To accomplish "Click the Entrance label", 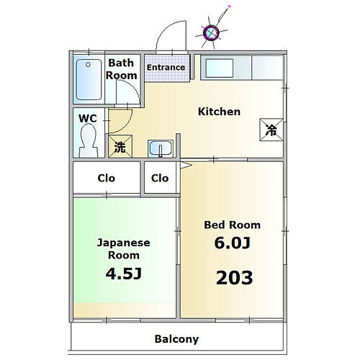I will click(166, 68).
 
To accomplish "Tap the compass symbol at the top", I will click(211, 31).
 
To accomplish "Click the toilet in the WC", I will click(90, 140).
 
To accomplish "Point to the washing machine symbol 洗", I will click(120, 147).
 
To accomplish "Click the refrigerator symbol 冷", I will click(271, 130).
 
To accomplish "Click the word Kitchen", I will click(219, 112).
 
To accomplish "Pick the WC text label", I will click(88, 118).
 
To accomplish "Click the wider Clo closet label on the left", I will click(107, 178).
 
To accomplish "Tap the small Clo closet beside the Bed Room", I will click(160, 178).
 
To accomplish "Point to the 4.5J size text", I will click(123, 274).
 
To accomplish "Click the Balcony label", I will click(177, 338).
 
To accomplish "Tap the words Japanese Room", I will click(124, 248).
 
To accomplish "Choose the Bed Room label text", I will click(232, 225).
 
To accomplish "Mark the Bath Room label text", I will click(122, 69).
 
